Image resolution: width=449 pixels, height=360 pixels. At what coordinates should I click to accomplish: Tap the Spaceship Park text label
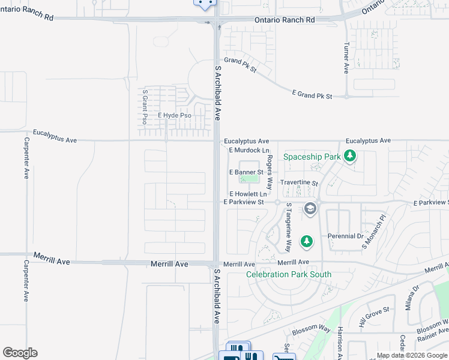pos(312,157)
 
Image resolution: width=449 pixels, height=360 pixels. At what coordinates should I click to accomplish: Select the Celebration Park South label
pos(289,275)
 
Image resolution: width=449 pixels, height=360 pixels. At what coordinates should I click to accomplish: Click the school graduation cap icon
pos(310,209)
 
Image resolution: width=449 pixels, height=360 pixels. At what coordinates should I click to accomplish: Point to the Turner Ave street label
pos(346,58)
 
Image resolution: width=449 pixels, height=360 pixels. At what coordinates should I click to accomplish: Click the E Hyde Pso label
pos(174,115)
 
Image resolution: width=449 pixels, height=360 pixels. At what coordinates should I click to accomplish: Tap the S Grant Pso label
pos(145,107)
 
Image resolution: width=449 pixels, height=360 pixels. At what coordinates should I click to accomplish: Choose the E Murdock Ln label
pos(249,150)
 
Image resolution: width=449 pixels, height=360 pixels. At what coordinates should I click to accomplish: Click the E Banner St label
pos(247,172)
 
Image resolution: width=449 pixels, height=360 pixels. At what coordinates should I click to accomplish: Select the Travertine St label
pos(298,182)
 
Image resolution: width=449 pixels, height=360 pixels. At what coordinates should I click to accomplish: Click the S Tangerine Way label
pos(288,227)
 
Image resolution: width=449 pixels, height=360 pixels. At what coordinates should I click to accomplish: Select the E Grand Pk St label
pos(312,95)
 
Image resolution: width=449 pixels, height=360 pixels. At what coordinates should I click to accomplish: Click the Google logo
pos(20,353)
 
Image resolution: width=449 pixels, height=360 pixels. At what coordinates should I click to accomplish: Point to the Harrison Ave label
pos(340,342)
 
